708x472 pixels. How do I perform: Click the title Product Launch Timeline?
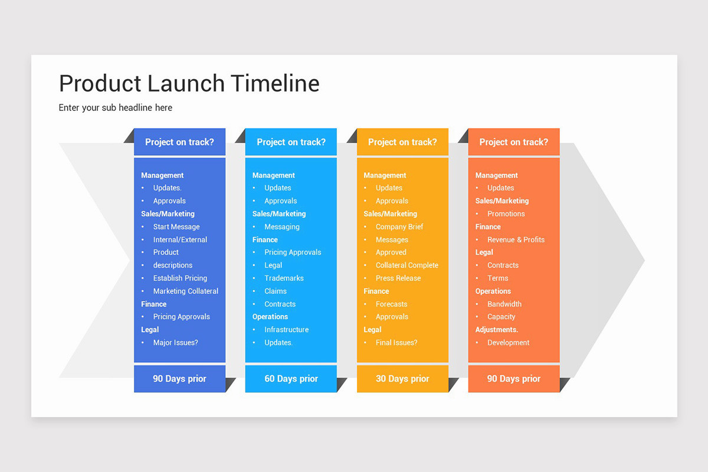(x=189, y=84)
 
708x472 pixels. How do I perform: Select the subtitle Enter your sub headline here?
(x=116, y=107)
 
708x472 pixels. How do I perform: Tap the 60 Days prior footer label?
(x=291, y=379)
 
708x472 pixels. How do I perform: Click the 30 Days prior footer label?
(x=402, y=379)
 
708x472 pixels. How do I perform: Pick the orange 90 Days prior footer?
(x=513, y=379)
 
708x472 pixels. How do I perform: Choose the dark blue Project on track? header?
(x=179, y=142)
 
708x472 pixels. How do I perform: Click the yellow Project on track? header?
(x=402, y=142)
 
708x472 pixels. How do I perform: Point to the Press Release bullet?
(x=398, y=278)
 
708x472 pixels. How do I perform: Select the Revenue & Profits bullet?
(x=516, y=240)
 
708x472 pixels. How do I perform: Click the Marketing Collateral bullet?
(x=185, y=291)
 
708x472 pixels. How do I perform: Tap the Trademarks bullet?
(x=284, y=278)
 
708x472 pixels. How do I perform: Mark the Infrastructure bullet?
(x=286, y=329)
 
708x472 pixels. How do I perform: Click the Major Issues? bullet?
(x=175, y=342)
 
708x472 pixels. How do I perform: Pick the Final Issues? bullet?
(x=396, y=342)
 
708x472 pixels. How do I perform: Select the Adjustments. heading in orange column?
(x=496, y=329)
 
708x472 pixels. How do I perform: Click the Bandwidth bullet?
(x=504, y=304)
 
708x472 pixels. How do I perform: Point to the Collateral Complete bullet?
(x=407, y=265)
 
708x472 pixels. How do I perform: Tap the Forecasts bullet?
(x=391, y=304)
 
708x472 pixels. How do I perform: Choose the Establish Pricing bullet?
(x=180, y=278)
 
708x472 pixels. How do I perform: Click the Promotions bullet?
(x=506, y=214)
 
